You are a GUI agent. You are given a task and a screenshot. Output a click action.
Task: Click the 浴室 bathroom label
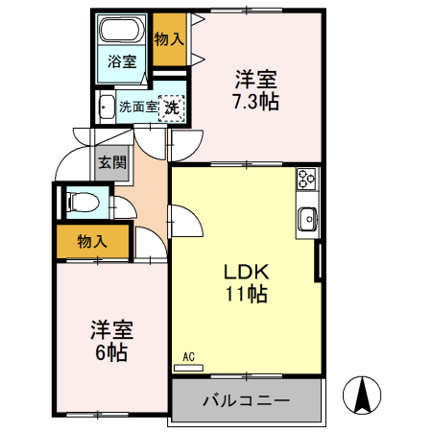click(x=122, y=62)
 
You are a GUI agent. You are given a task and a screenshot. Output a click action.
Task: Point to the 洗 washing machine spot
click(x=172, y=108)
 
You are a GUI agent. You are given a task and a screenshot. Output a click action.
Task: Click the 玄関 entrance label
click(x=111, y=162)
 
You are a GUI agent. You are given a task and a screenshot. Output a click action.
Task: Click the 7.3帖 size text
click(x=255, y=101)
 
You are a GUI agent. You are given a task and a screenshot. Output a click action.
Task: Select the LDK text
click(x=244, y=271)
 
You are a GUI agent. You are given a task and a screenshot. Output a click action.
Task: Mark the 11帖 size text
click(x=245, y=294)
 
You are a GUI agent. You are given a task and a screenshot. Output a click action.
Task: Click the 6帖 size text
click(x=109, y=351)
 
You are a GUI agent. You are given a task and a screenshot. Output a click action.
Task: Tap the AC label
click(x=188, y=357)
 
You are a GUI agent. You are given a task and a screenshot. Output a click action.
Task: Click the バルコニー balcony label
click(x=245, y=399)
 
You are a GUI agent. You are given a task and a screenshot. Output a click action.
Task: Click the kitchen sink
click(x=308, y=218)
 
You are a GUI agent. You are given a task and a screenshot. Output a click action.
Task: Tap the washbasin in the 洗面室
click(x=106, y=108)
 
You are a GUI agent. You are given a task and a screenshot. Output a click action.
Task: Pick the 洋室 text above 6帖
click(x=110, y=329)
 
